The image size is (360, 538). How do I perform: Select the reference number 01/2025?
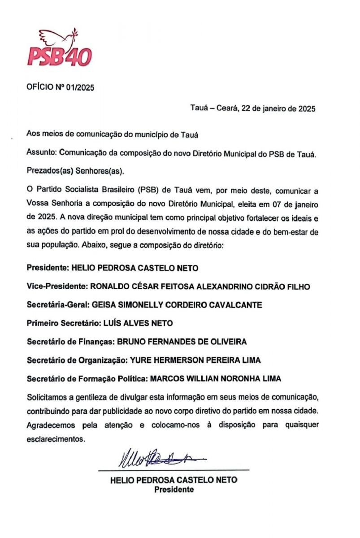click(80, 88)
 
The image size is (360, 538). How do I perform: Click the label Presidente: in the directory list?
click(47, 268)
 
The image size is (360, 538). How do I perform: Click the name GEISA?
click(103, 305)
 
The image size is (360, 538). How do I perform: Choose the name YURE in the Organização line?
click(141, 360)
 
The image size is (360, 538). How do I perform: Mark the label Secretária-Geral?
click(58, 305)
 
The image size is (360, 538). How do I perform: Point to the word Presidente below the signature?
click(174, 490)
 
